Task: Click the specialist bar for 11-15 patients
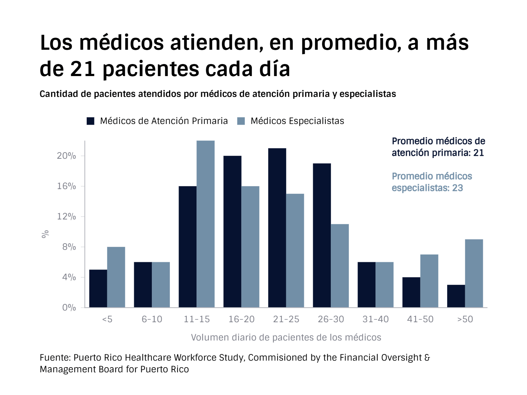[206, 224]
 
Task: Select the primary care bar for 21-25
[277, 227]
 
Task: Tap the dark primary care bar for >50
[456, 296]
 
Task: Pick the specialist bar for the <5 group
[116, 277]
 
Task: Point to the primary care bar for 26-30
[322, 235]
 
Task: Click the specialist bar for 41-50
[429, 281]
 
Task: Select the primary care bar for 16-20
[232, 232]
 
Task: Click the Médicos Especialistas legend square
[241, 121]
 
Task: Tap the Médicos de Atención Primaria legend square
[90, 121]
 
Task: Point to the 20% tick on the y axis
[66, 156]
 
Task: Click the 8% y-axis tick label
[69, 247]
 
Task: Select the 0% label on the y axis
[69, 308]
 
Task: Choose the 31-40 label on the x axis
[375, 319]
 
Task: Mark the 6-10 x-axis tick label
[152, 319]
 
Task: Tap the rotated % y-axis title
[45, 234]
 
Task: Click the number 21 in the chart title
[83, 69]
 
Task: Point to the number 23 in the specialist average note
[457, 188]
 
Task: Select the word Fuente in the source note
[55, 358]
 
